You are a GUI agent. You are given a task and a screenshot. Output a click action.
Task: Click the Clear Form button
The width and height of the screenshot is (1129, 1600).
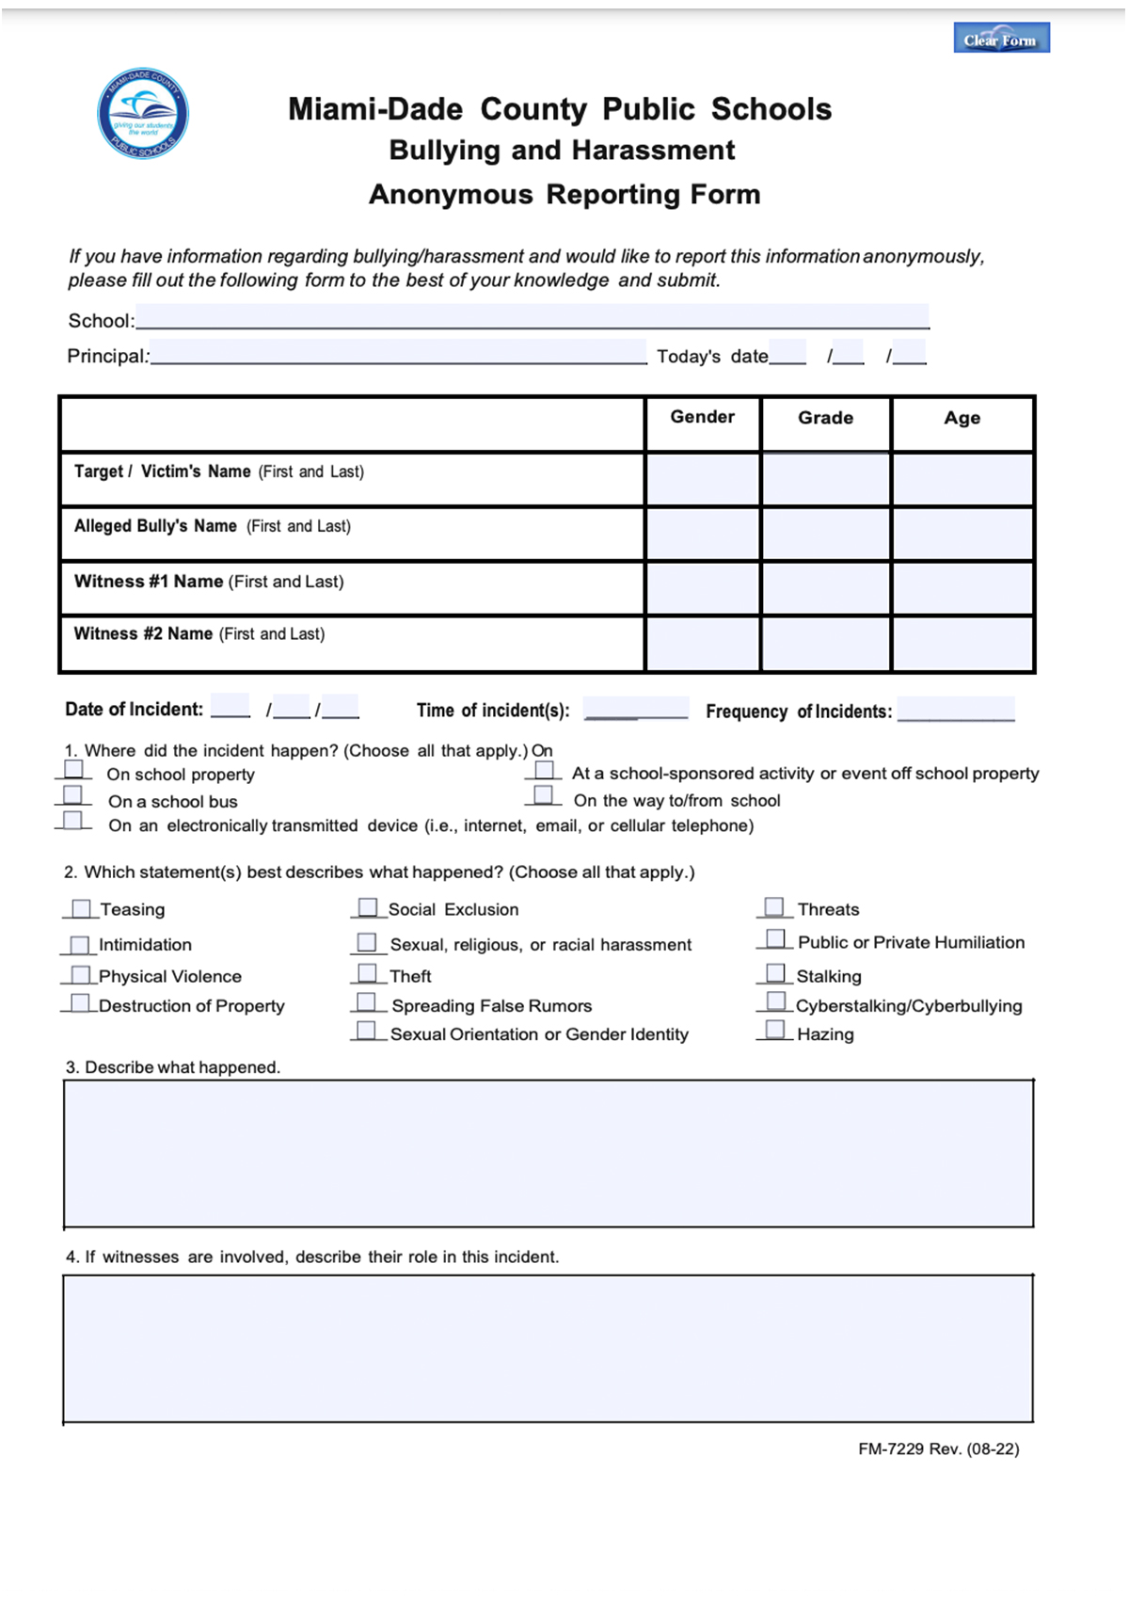point(1001,39)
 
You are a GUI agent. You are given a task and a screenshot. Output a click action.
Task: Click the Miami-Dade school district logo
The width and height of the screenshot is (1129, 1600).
point(143,114)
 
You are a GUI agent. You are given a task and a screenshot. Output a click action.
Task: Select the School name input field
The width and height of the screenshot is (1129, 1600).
point(532,317)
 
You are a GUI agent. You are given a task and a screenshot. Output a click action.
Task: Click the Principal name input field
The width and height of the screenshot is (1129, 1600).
point(398,353)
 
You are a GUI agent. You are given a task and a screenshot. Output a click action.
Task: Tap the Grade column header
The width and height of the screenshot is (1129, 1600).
point(825,418)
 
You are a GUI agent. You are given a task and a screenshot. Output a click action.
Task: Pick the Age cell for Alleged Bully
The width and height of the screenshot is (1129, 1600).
point(962,534)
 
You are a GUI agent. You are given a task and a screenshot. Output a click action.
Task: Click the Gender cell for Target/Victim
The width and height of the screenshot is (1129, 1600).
point(702,479)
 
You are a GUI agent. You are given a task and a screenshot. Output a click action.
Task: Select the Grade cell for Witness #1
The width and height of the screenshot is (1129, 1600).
point(825,588)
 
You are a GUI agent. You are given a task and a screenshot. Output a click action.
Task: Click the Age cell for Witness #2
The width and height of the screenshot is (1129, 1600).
point(962,643)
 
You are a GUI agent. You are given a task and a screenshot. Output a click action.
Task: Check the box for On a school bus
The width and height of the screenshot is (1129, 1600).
point(73,795)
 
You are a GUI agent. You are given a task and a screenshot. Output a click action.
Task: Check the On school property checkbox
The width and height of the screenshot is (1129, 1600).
point(73,770)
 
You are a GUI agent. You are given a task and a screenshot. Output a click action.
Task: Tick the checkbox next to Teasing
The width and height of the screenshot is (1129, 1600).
point(82,908)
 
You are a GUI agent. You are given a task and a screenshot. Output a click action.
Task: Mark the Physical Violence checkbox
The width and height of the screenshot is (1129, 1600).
point(81,975)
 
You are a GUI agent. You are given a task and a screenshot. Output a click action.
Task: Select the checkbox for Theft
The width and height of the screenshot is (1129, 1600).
point(367,973)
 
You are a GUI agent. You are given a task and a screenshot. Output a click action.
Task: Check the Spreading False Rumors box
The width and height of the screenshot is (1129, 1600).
point(367,1002)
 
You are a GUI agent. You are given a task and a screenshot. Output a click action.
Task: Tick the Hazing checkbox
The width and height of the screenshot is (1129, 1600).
point(775,1031)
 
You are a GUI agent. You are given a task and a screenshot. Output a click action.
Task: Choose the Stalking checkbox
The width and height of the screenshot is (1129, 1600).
point(775,973)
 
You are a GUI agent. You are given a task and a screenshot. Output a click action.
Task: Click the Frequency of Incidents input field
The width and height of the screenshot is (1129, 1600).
point(955,709)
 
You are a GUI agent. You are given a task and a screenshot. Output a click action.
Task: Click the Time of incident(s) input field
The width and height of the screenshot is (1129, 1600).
point(635,708)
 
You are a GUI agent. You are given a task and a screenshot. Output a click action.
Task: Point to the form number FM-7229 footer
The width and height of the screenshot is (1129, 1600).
point(938,1449)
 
